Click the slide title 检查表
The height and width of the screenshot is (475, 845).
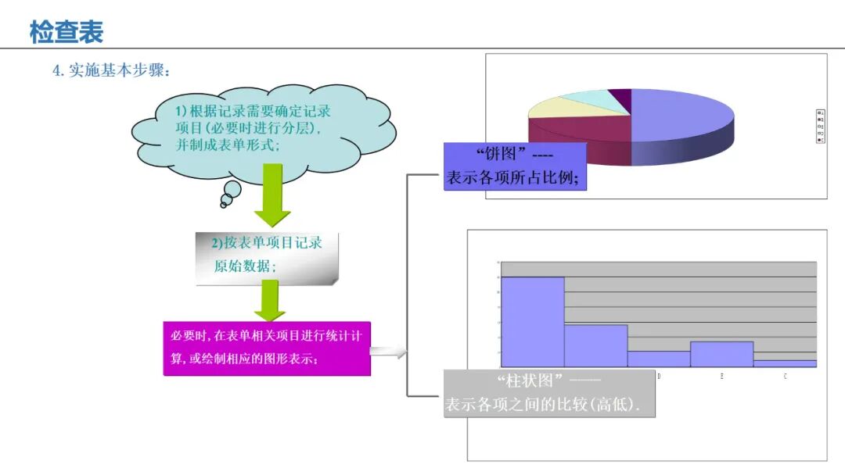(x=67, y=32)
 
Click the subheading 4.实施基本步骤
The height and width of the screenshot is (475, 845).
(x=111, y=70)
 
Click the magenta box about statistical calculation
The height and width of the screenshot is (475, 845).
(x=266, y=348)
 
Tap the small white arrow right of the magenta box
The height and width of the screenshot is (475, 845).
(x=388, y=352)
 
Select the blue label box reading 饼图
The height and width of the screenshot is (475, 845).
(x=514, y=166)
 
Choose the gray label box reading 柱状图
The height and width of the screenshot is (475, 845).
(x=548, y=393)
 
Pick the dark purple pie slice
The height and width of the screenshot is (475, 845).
(x=621, y=96)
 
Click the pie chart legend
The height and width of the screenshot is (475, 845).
(x=819, y=126)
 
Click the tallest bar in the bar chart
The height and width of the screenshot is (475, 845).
(x=532, y=321)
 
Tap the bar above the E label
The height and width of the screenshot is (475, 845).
(x=721, y=353)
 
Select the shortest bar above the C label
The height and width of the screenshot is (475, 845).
(x=785, y=363)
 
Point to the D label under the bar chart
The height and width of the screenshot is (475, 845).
(x=659, y=377)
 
